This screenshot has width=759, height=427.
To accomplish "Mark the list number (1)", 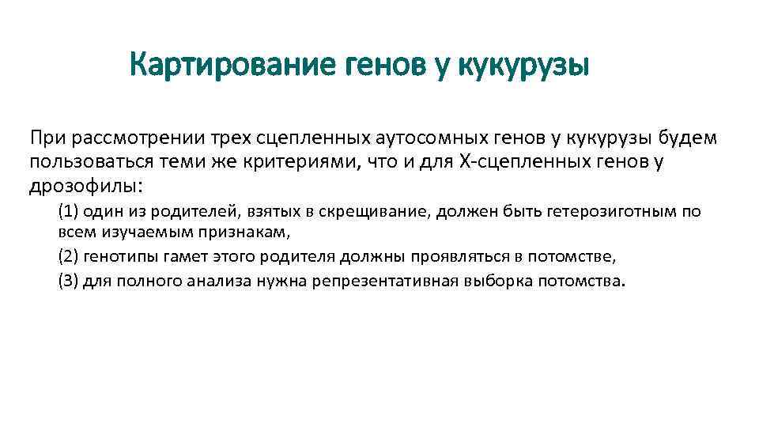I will [69, 211].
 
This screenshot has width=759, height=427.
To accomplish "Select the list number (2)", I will [69, 257].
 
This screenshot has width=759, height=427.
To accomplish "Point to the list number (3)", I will [69, 281].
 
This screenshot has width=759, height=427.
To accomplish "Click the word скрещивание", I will [355, 211].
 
